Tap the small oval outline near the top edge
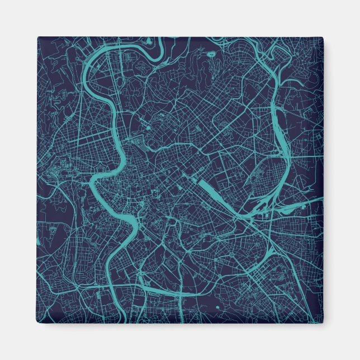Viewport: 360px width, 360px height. coord(212,54)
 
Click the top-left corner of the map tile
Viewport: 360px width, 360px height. coord(38,38)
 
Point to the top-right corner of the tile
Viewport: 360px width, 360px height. coord(323,38)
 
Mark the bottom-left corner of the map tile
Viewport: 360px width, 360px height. coord(38,323)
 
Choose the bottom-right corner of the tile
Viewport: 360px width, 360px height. coord(323,323)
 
